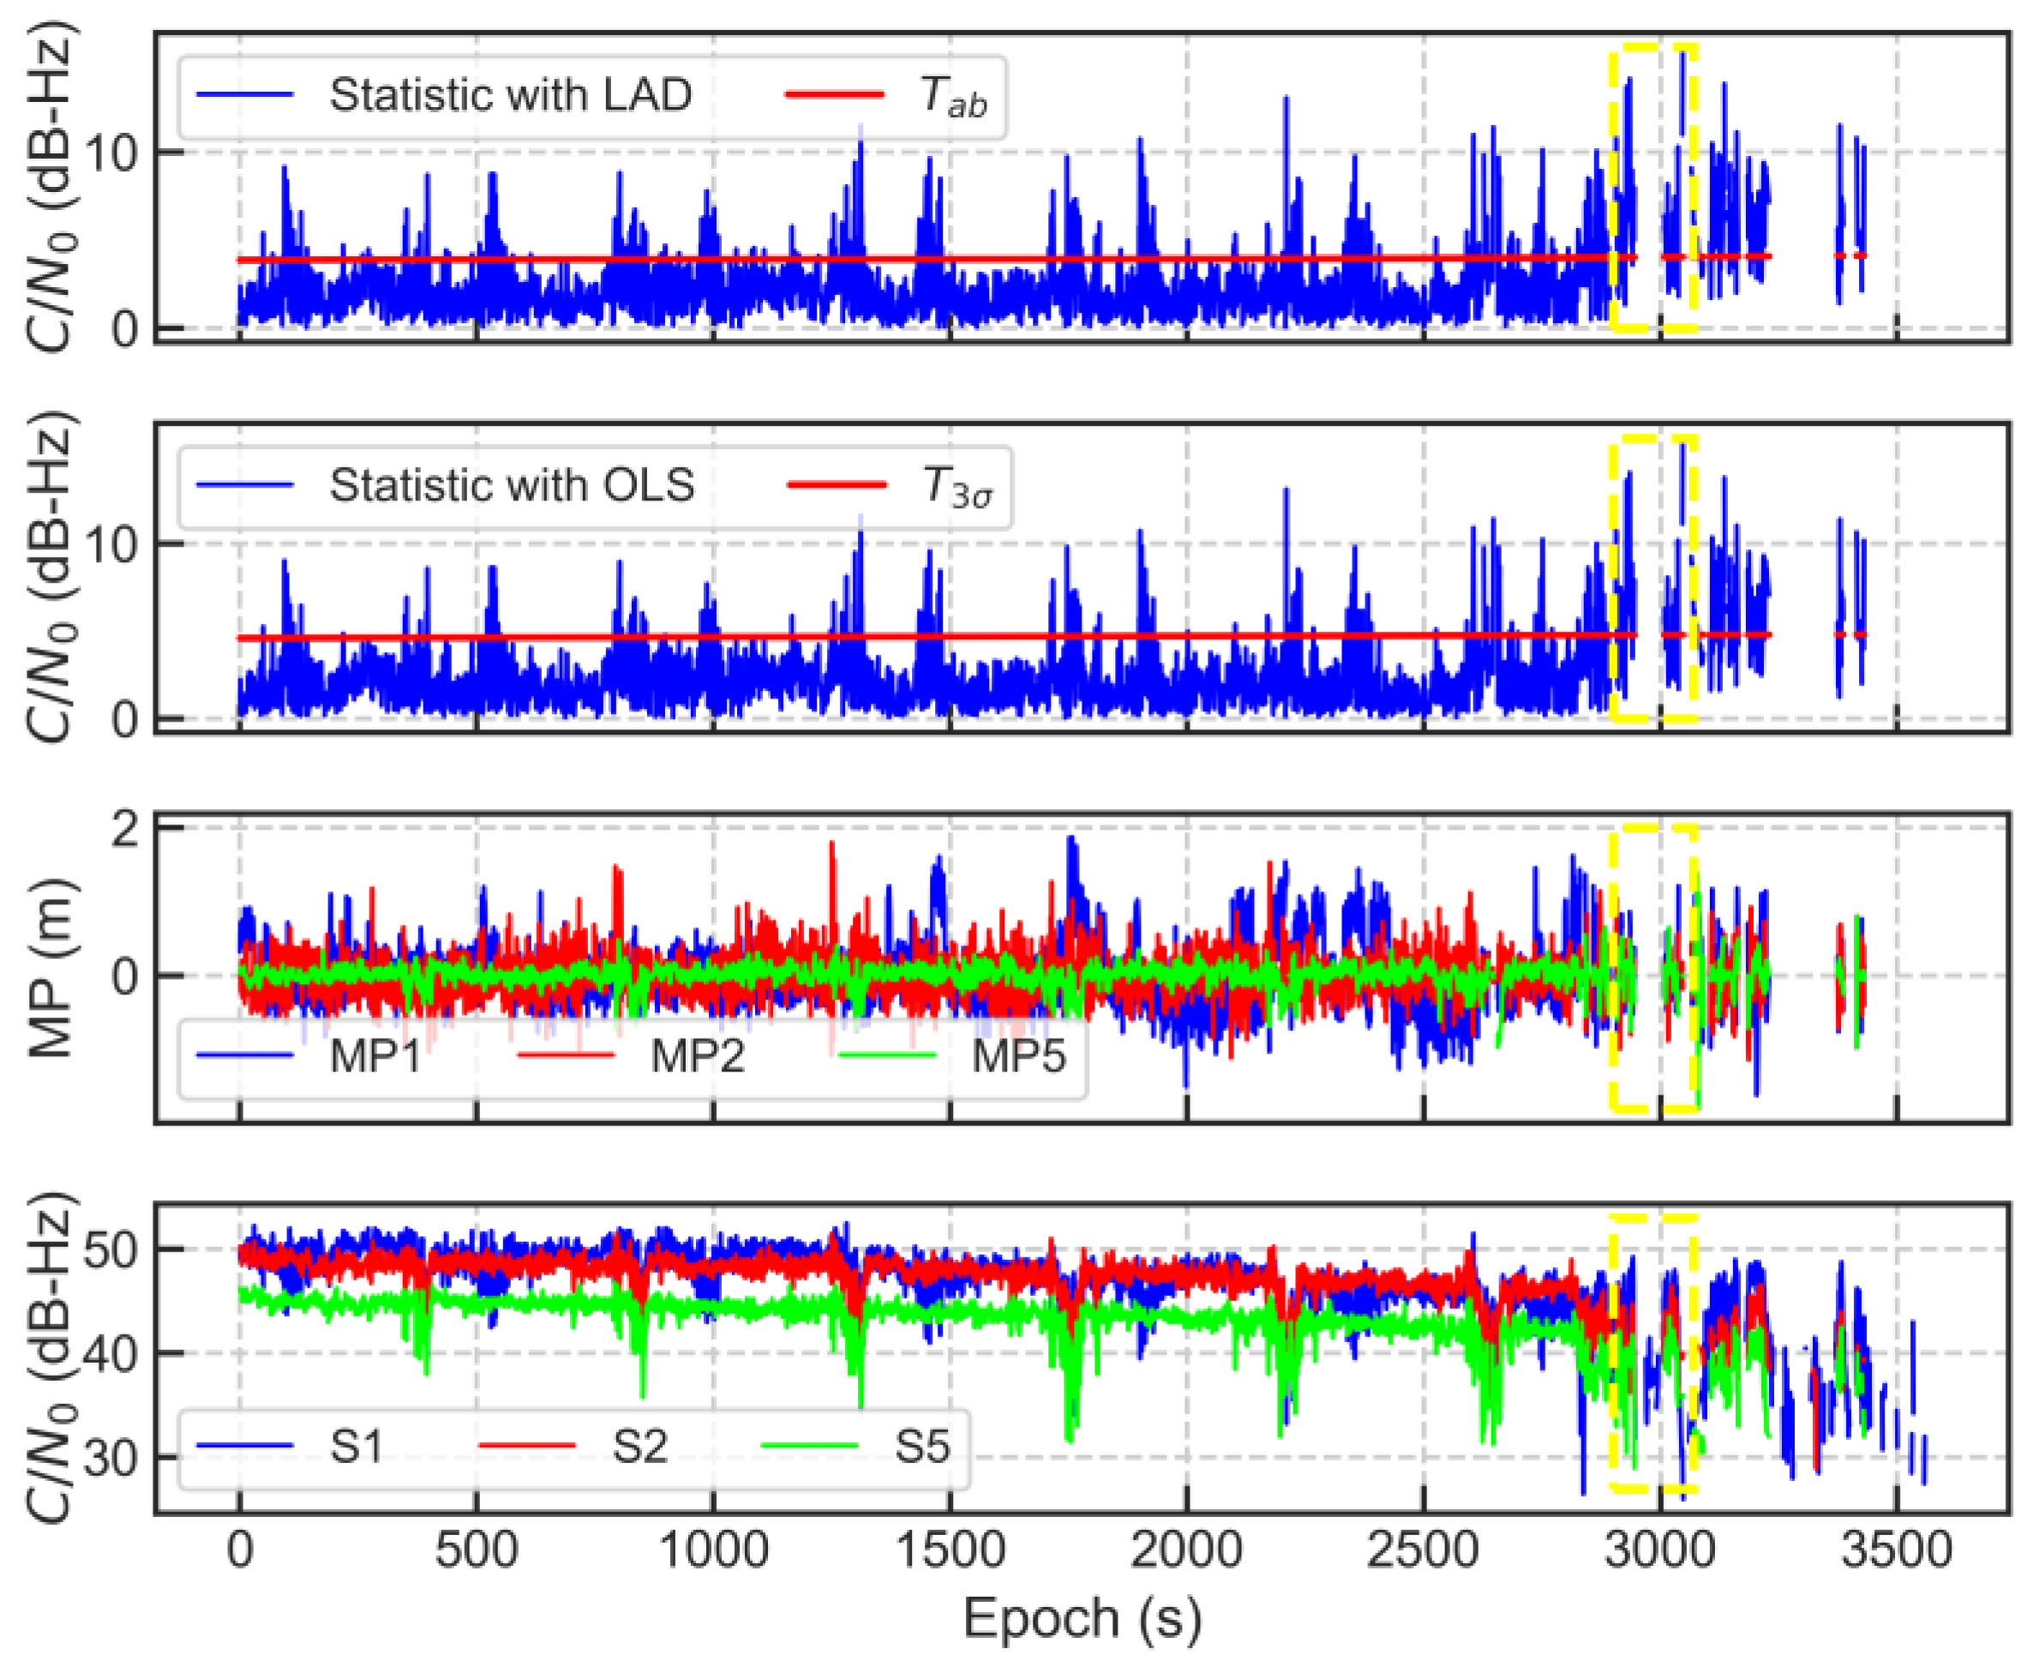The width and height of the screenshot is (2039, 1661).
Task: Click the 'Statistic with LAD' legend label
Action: (x=510, y=95)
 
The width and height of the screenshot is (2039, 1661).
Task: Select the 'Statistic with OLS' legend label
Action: (x=511, y=485)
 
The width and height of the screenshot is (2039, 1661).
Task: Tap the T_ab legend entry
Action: (x=952, y=96)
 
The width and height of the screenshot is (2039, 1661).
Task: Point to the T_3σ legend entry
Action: (x=956, y=486)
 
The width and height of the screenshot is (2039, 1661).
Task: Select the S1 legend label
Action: (x=356, y=1447)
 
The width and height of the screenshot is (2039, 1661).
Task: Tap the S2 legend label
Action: (x=639, y=1447)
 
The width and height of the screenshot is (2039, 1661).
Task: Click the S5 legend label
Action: (x=921, y=1447)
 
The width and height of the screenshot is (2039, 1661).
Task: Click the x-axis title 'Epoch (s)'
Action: (x=1082, y=1619)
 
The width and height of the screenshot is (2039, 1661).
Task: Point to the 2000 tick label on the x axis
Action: (x=1185, y=1551)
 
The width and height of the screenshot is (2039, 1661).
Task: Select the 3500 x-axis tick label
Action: (x=1896, y=1551)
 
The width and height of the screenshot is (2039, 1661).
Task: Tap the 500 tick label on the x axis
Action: (x=476, y=1551)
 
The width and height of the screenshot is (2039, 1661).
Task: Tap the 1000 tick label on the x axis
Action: (x=713, y=1551)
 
